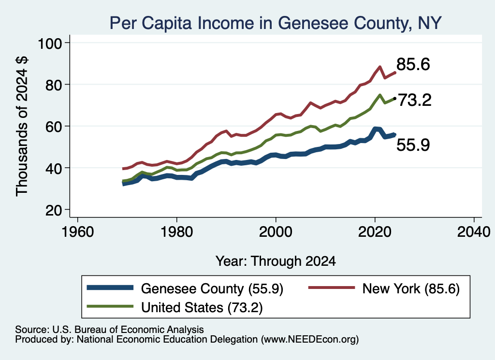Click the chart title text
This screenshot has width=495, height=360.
[275, 23]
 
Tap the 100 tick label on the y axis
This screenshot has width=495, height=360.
[50, 43]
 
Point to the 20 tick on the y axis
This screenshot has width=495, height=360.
[53, 210]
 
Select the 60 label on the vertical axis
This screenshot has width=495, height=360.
[53, 127]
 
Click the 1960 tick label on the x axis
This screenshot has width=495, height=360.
[78, 232]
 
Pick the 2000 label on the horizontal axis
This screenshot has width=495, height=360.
[276, 232]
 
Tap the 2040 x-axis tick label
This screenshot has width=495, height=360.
[474, 232]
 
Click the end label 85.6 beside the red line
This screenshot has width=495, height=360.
[413, 64]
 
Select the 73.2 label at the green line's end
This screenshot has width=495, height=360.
[414, 101]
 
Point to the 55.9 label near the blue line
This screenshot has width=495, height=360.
[413, 145]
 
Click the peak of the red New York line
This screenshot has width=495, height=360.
[380, 67]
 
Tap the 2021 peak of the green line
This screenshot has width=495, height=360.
[380, 95]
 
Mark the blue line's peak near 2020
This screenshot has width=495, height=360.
[375, 129]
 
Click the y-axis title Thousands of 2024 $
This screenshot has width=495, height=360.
[22, 126]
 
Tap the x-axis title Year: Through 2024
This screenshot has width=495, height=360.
[276, 261]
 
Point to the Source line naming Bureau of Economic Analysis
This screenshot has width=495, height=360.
[109, 330]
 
